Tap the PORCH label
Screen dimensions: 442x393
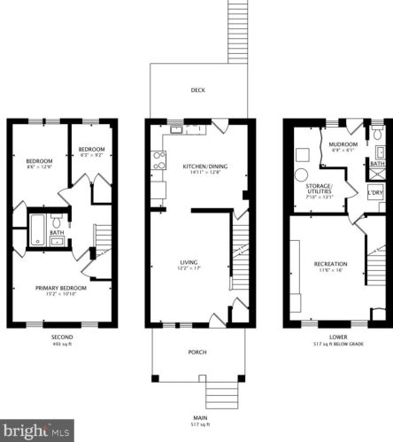[197, 353]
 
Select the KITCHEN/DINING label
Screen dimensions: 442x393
[200, 166]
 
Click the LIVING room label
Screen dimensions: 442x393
[189, 262]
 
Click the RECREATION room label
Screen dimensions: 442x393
[329, 264]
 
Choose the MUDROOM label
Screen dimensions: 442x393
[343, 144]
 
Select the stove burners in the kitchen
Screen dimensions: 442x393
[160, 160]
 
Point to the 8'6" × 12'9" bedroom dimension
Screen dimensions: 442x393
[40, 166]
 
